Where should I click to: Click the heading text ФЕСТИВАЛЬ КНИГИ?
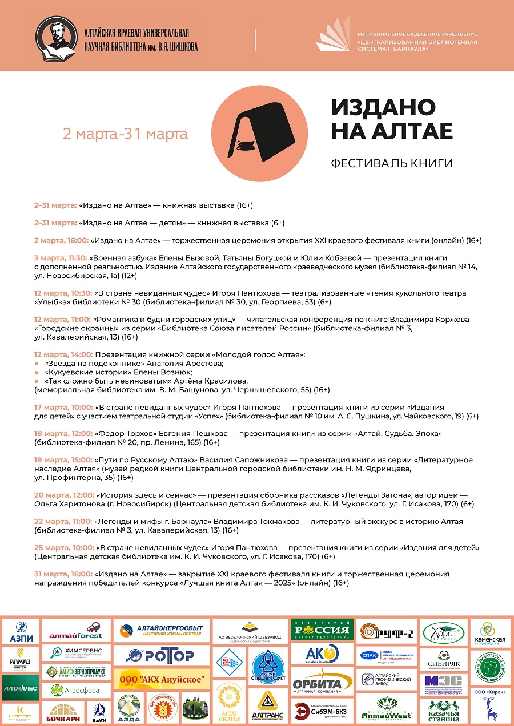click(x=392, y=164)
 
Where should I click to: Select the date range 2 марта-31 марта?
click(x=125, y=134)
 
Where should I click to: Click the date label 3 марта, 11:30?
click(x=61, y=258)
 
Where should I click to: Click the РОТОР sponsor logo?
click(x=160, y=655)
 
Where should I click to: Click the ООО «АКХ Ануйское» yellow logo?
click(x=160, y=679)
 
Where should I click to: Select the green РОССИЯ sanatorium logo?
click(x=322, y=630)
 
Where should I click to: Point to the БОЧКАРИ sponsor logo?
click(x=63, y=711)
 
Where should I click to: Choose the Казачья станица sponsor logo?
click(x=444, y=711)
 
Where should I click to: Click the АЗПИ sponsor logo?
click(x=21, y=631)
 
